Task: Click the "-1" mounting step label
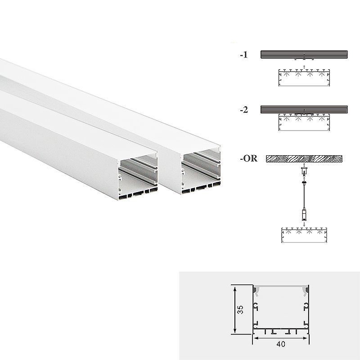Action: [x=244, y=55]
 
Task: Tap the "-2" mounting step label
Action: [x=244, y=110]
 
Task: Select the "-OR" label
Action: [x=249, y=158]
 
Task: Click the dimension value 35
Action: [x=240, y=310]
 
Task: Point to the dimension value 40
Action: [x=281, y=344]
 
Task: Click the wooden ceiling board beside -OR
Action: [x=304, y=159]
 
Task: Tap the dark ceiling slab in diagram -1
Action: [x=304, y=54]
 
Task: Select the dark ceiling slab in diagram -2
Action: [x=304, y=109]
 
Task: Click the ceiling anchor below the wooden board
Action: [x=304, y=171]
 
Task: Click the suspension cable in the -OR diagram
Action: [x=304, y=195]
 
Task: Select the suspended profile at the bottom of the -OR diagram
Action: [x=304, y=235]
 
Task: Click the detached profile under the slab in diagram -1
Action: [x=304, y=77]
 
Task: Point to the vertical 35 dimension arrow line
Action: [x=234, y=310]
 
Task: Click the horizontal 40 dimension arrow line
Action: [x=281, y=338]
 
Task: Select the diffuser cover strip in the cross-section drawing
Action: [x=281, y=288]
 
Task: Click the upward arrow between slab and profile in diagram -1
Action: [x=304, y=67]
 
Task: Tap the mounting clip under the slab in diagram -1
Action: [x=304, y=59]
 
